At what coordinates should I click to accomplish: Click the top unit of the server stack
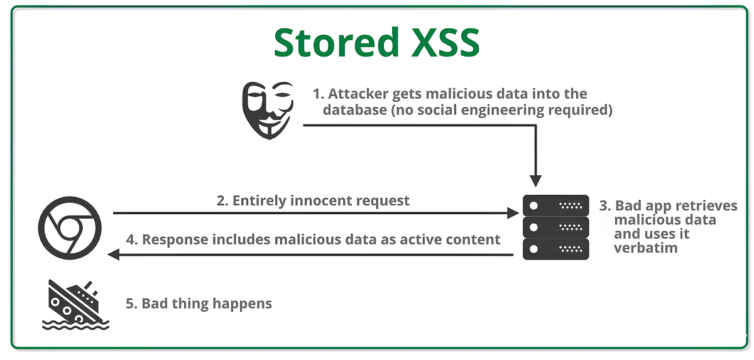[x=555, y=205]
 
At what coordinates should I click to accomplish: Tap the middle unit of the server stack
[x=555, y=226]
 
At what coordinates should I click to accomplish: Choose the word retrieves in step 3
[x=706, y=206]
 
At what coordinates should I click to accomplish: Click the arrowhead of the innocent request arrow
[x=512, y=214]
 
